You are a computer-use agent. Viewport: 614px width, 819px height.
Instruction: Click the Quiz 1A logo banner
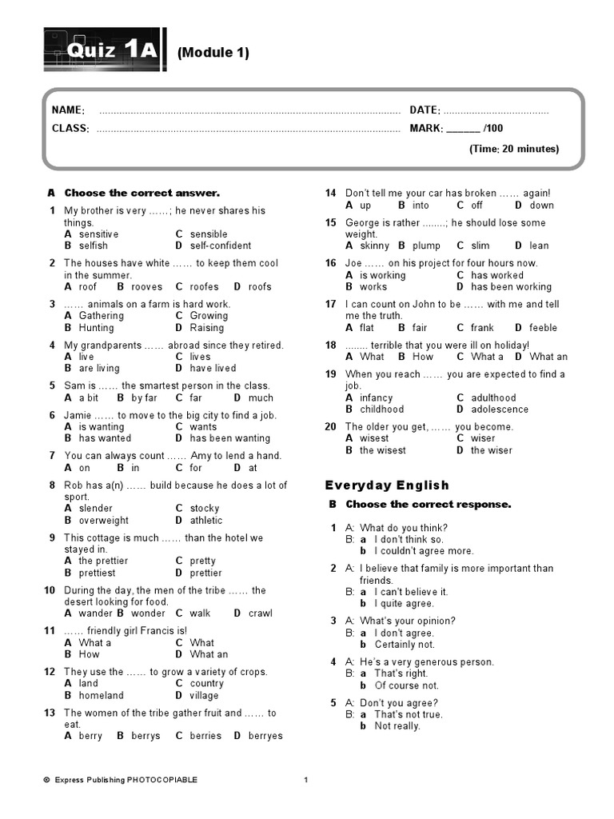[103, 51]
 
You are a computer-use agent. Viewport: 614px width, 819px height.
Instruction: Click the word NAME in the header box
[68, 110]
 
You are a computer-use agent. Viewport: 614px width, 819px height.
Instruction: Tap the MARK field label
[426, 128]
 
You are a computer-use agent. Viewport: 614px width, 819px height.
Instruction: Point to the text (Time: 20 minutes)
[513, 149]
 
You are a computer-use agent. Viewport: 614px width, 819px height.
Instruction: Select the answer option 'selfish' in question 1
[93, 246]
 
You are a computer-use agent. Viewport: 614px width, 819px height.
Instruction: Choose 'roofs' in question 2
[260, 286]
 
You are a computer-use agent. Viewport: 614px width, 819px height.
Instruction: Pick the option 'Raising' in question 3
[207, 327]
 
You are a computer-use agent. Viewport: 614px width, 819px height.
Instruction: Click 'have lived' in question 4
[213, 368]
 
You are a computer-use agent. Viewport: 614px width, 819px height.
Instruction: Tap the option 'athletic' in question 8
[206, 520]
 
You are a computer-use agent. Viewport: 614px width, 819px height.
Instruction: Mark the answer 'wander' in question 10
[96, 613]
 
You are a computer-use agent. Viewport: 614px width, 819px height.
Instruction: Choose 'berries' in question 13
[205, 736]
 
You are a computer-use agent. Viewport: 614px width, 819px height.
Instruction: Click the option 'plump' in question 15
[427, 246]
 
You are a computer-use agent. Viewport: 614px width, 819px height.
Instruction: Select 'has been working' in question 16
[511, 286]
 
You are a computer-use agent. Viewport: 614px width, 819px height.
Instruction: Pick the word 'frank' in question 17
[482, 327]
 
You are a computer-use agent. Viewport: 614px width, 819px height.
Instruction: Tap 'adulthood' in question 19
[493, 398]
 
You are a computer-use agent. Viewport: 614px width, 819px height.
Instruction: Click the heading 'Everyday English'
[387, 485]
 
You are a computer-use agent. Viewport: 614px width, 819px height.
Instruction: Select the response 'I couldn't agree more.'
[424, 551]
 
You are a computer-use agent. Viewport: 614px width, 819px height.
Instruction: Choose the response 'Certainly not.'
[405, 645]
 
